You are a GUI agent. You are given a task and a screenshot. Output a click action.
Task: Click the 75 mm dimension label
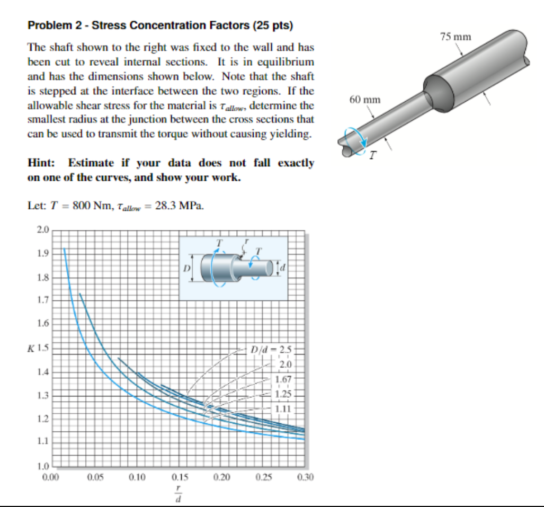[455, 37]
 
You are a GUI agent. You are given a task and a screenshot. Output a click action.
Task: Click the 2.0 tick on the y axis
[42, 230]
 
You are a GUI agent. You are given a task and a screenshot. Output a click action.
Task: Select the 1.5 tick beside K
[43, 348]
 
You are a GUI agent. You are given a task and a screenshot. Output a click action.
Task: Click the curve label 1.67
[283, 379]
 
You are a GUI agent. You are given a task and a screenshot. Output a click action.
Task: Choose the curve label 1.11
[283, 408]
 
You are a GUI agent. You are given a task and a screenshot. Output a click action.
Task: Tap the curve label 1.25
[283, 394]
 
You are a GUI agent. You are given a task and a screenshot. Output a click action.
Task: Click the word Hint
[40, 163]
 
